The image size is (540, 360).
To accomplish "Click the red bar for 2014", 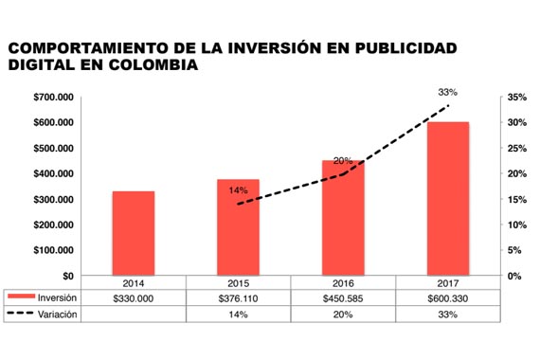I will pyautogui.click(x=133, y=233).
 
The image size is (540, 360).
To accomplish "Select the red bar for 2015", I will pyautogui.click(x=238, y=227).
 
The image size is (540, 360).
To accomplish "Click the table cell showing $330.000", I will pyautogui.click(x=133, y=297).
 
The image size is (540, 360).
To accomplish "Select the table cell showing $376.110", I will pyautogui.click(x=238, y=297).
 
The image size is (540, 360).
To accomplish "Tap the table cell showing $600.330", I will pyautogui.click(x=447, y=297).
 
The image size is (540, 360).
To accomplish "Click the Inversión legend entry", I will pyautogui.click(x=43, y=297).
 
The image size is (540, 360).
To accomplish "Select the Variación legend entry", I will pyautogui.click(x=43, y=314).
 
